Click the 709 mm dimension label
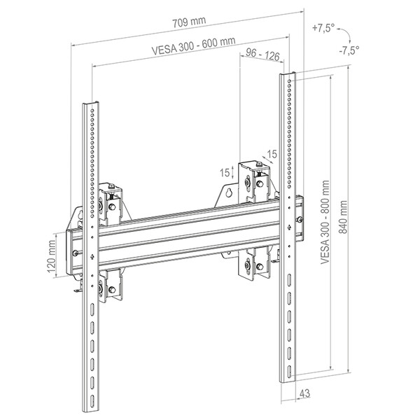tap(189, 22)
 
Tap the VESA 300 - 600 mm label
tap(193, 45)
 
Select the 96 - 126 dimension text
tap(262, 54)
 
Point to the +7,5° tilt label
tap(323, 28)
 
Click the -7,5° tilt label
tap(349, 50)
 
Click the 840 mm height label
tap(343, 217)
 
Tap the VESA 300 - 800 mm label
tap(325, 222)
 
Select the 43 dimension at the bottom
tap(304, 393)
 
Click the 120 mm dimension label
tap(52, 256)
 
